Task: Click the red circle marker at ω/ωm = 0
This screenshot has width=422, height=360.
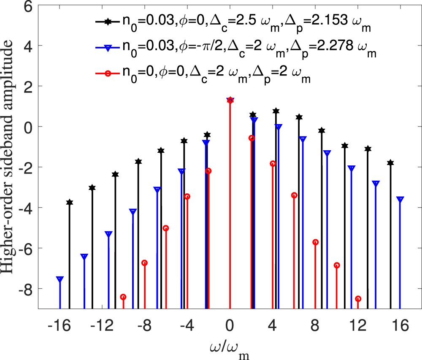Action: [x=230, y=100]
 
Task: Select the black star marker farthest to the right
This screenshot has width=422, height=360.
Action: [x=390, y=163]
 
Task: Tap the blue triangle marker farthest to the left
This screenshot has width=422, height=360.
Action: [x=60, y=279]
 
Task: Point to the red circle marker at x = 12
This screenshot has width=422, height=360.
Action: [x=358, y=299]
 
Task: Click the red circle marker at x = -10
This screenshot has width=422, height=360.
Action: [x=123, y=297]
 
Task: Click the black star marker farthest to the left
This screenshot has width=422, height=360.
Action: [x=70, y=203]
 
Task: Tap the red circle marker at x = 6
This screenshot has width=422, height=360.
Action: [x=294, y=195]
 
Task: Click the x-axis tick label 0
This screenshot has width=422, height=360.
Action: [x=230, y=326]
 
